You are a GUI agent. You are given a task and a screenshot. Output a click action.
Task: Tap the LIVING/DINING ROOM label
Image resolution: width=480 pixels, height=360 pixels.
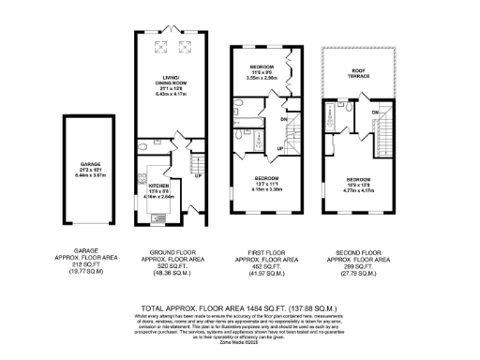click(x=170, y=82)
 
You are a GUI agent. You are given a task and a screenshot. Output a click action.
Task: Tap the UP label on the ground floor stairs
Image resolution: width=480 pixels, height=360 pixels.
click(x=198, y=172)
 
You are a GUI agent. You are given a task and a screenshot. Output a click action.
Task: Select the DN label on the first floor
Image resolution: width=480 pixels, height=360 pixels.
click(x=282, y=120)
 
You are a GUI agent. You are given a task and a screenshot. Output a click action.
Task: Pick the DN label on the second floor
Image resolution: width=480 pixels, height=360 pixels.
click(x=374, y=113)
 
